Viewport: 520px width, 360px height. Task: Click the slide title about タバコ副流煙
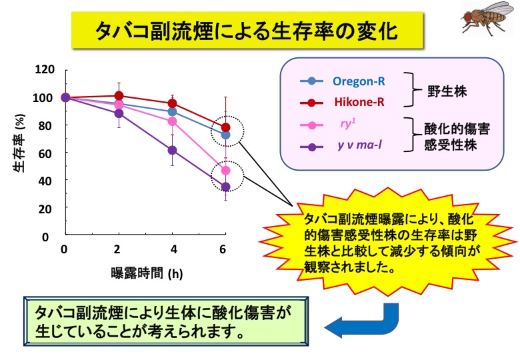247,31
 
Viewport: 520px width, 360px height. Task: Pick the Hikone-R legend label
359,102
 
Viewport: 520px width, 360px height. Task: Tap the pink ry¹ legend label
348,123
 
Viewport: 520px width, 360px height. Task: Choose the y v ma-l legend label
360,145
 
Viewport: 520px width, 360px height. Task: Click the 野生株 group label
447,91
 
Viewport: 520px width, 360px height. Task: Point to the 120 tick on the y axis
45,69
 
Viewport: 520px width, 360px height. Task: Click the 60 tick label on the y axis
45,153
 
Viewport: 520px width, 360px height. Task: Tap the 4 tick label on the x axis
174,249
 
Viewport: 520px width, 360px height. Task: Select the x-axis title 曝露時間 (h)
147,274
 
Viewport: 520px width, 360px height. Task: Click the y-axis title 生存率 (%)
19,143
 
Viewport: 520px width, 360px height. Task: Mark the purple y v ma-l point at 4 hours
172,150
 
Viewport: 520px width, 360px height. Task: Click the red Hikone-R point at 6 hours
225,127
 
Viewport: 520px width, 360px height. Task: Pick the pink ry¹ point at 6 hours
225,171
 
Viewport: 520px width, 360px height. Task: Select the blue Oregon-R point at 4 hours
172,112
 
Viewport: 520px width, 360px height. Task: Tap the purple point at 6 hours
225,187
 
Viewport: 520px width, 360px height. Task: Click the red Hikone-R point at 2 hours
119,96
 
